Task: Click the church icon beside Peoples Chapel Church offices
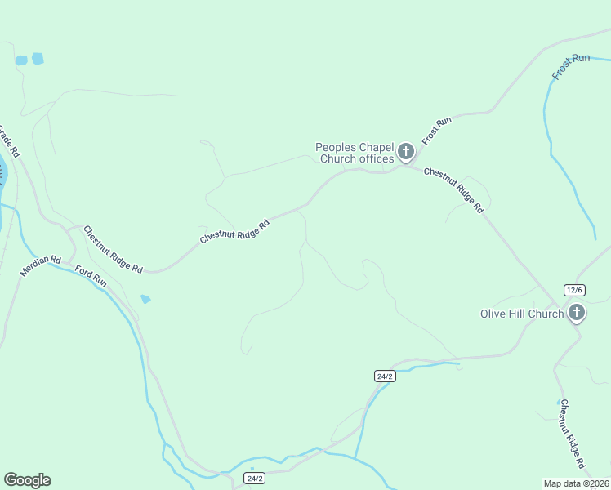(405, 151)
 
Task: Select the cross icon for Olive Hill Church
(576, 313)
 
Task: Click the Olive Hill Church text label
(521, 314)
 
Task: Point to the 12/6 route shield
(575, 290)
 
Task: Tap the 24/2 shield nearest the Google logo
(255, 479)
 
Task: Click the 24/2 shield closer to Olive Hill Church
(385, 376)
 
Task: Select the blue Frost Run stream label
(570, 66)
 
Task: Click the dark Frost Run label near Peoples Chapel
(436, 131)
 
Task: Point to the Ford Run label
(91, 275)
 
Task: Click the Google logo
(27, 480)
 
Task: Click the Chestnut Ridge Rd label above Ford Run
(113, 249)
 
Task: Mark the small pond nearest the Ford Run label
(145, 299)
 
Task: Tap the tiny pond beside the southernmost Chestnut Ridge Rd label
(560, 402)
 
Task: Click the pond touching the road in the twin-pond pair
(21, 60)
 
